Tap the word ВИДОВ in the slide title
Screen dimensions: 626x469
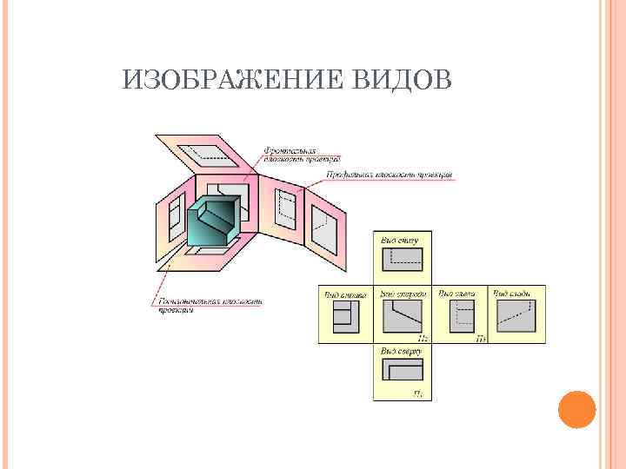point(403,81)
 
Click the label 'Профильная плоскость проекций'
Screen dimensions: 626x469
point(389,175)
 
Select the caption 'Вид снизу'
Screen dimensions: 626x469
point(400,238)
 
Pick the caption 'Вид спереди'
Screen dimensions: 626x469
point(400,294)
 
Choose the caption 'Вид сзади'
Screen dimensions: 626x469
point(513,294)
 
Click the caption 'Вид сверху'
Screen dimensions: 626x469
point(400,352)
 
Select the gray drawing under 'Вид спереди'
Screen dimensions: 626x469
point(401,317)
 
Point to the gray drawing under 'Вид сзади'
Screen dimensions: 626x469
point(516,316)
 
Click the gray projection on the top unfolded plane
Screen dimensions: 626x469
point(208,153)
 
